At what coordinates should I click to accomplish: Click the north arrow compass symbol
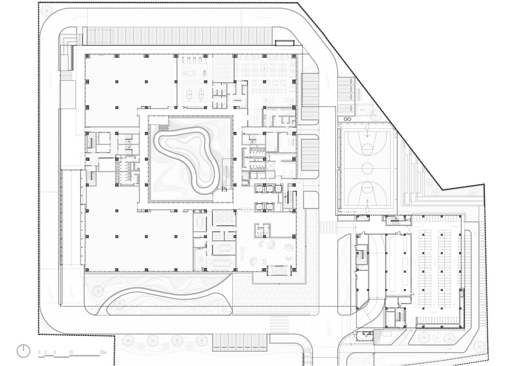[x=24, y=351]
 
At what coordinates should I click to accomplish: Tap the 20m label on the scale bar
[x=103, y=352]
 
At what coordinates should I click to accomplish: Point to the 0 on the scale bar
[x=39, y=352]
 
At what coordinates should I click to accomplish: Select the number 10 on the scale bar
[x=70, y=352]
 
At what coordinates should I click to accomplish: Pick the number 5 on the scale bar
[x=55, y=352]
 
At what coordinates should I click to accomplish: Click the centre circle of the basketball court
[x=367, y=168]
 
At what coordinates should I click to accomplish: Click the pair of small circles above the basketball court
[x=347, y=119]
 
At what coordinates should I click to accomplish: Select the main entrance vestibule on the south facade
[x=277, y=271]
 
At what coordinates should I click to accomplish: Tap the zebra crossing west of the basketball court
[x=328, y=227]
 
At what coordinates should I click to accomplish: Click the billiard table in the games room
[x=189, y=73]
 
